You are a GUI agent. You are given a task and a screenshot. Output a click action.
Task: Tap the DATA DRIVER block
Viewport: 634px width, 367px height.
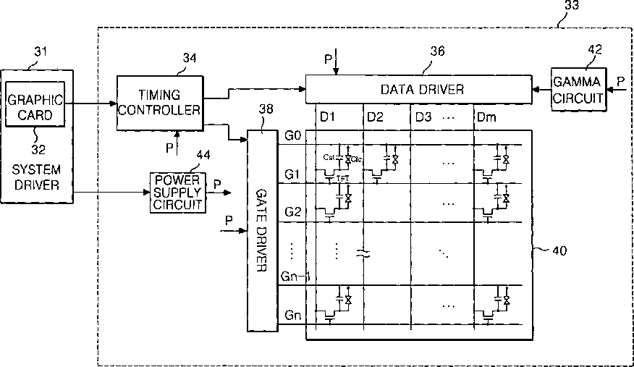[421, 89]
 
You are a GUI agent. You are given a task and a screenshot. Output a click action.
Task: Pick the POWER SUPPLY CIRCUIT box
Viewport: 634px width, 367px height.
[177, 192]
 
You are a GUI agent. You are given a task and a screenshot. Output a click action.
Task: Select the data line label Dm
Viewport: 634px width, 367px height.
[483, 117]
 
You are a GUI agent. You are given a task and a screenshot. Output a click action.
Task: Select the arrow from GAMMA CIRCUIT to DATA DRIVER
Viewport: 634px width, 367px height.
[542, 89]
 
